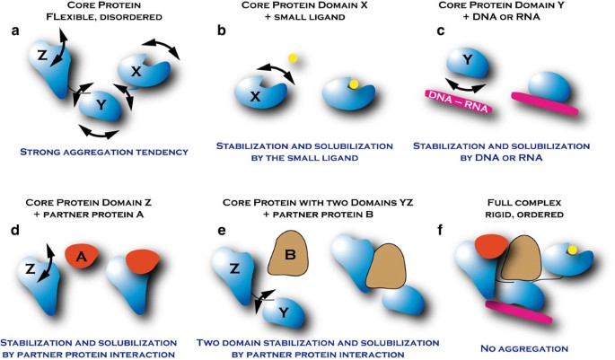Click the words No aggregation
[518, 347]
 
